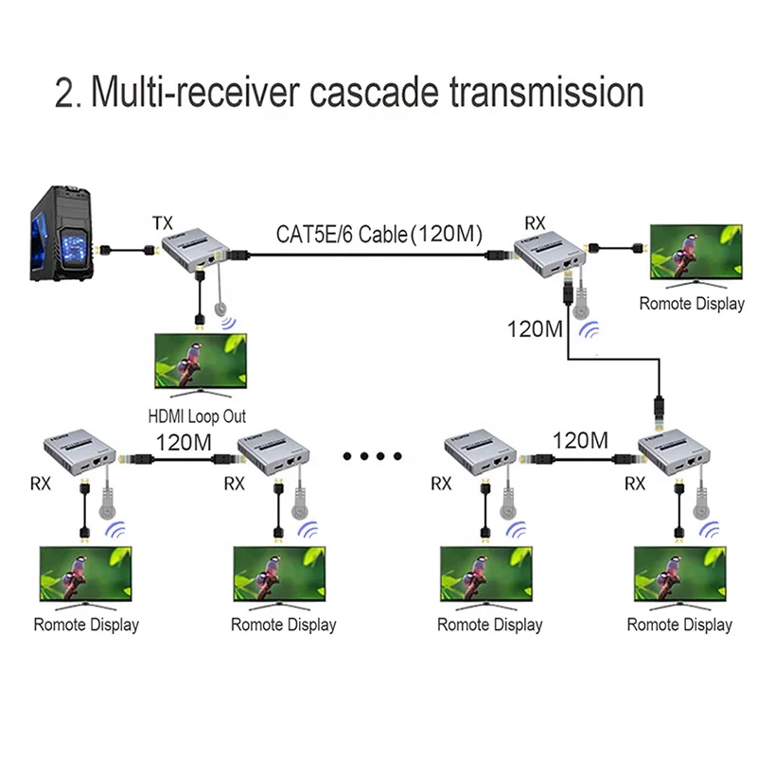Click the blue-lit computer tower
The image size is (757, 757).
(59, 239)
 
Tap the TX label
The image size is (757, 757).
(163, 223)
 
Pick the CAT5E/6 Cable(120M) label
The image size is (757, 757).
(378, 233)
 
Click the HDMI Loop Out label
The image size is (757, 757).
(197, 415)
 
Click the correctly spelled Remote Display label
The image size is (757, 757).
(692, 304)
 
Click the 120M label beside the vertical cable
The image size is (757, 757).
(536, 330)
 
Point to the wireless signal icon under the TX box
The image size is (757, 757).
(230, 324)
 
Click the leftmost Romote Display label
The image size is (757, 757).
(86, 625)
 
